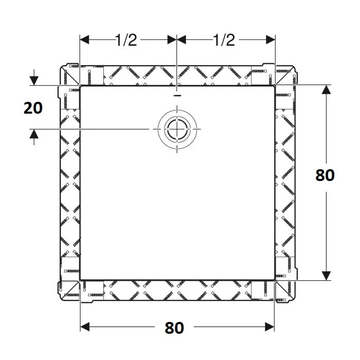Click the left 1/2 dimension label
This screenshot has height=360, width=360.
pyautogui.click(x=126, y=40)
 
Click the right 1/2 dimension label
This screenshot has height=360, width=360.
pyautogui.click(x=224, y=40)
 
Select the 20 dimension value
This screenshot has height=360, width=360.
pyautogui.click(x=33, y=108)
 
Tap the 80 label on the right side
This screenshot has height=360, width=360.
pyautogui.click(x=325, y=175)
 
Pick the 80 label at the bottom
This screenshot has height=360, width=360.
pyautogui.click(x=174, y=328)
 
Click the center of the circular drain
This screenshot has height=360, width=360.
pyautogui.click(x=177, y=129)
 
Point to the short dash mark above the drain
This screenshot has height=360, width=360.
pyautogui.click(x=177, y=95)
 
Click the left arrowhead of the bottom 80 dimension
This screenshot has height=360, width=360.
pyautogui.click(x=85, y=327)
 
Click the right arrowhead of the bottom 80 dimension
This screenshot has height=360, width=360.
pyautogui.click(x=270, y=327)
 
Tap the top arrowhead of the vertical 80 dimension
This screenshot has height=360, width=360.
pyautogui.click(x=326, y=89)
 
